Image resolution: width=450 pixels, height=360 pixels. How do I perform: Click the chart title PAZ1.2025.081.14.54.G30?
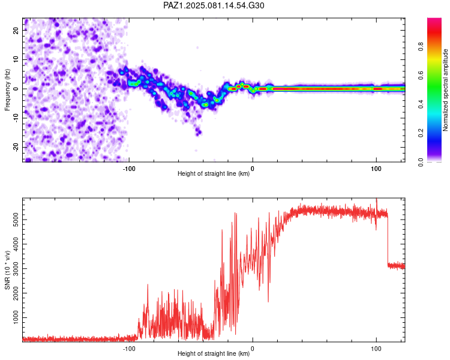(214, 5)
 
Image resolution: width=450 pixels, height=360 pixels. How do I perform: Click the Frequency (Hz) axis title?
(7, 90)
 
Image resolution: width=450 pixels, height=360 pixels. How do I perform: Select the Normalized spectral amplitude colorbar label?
(445, 90)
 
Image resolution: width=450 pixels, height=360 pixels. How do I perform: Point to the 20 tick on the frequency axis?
(16, 30)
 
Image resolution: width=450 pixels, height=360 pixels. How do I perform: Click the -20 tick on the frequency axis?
(16, 147)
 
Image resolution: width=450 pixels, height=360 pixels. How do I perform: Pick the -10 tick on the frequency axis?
(16, 118)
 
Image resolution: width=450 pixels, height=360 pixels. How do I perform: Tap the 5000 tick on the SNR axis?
(16, 220)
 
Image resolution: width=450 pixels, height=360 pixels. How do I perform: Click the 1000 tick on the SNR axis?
(16, 317)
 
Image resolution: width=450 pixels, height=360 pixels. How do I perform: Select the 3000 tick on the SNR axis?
(16, 269)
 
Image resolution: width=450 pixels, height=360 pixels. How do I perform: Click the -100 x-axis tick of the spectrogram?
(129, 169)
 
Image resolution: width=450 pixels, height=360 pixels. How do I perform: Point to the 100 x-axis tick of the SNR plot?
(376, 349)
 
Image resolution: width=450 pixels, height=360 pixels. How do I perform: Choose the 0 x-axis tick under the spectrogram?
(253, 169)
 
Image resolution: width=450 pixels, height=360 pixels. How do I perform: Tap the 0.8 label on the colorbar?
(421, 47)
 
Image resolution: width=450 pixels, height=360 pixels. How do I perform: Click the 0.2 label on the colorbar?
(421, 133)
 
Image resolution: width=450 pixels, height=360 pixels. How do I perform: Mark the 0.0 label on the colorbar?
(421, 162)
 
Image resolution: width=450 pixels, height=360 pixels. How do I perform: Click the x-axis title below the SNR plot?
(214, 353)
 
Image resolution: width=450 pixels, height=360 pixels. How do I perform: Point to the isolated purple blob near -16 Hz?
(199, 133)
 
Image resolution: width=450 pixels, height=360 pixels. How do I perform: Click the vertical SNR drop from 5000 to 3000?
(388, 238)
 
